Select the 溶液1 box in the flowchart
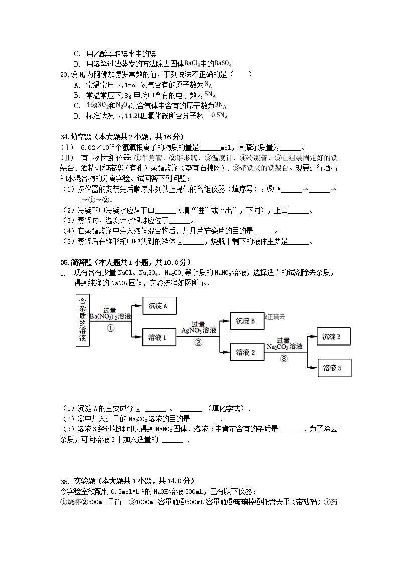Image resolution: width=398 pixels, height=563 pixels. tap(160, 338)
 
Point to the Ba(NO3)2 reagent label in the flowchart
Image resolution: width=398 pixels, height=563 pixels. tap(110, 317)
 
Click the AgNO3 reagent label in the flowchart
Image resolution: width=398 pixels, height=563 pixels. tap(198, 331)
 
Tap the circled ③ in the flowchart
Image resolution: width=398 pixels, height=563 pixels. tap(284, 358)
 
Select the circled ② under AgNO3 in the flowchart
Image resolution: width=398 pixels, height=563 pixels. tap(198, 343)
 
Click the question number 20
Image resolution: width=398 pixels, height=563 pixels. tap(64, 75)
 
